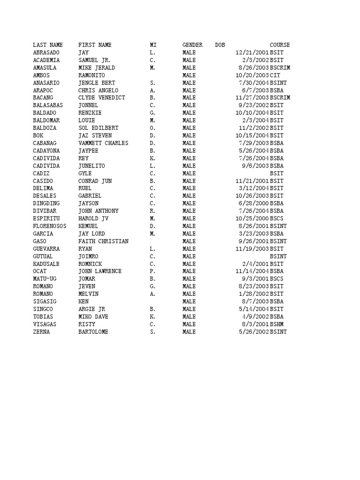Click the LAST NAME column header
(47, 45)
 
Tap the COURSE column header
(279, 45)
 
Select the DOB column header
(220, 45)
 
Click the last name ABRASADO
(46, 52)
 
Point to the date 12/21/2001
(252, 52)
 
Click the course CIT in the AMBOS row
(275, 75)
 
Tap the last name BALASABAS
(48, 105)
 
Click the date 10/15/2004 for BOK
(252, 135)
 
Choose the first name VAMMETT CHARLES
(103, 143)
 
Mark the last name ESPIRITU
(46, 218)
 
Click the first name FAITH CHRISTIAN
(103, 241)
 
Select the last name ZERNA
(41, 332)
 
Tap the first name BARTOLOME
(93, 332)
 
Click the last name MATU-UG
(45, 279)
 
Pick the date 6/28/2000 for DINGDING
(253, 203)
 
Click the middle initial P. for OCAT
(152, 271)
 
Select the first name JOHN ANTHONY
(98, 211)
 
